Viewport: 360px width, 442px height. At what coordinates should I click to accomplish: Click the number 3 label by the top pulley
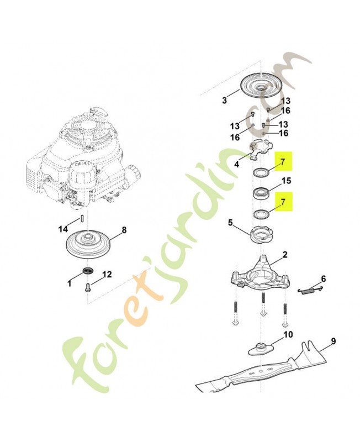pos(224,100)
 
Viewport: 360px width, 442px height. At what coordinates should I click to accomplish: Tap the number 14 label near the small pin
pos(63,229)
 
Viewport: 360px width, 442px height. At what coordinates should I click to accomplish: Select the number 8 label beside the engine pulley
pos(124,230)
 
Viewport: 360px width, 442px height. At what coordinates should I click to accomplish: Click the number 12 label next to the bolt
pos(107,274)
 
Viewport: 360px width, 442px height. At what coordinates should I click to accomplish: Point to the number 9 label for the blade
pos(333,341)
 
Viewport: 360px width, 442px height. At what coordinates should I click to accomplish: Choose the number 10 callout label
pos(288,335)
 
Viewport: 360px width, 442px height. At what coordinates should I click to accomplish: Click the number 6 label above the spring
pos(324,279)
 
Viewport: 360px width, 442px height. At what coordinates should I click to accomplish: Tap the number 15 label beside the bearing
pos(286,181)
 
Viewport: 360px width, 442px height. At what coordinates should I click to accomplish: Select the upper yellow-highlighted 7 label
pos(283,161)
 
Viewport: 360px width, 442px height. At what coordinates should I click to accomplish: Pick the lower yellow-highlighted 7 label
pos(283,202)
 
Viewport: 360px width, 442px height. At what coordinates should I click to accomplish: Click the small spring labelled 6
pos(311,290)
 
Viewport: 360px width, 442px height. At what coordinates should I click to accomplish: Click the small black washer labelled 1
pos(87,271)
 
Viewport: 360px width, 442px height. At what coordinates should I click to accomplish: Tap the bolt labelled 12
pos(88,287)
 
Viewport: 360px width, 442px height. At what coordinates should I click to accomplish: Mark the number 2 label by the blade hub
pos(285,255)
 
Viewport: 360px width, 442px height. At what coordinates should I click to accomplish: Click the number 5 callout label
pos(230,223)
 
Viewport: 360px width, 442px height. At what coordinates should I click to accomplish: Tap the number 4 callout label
pos(237,164)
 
